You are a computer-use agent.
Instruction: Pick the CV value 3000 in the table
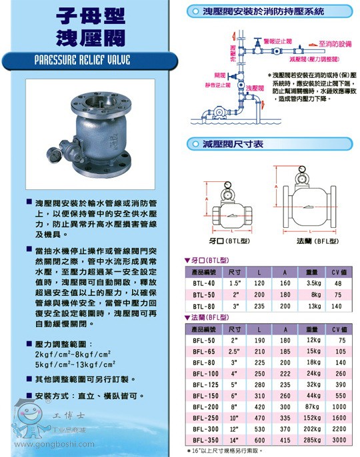[x=341, y=440]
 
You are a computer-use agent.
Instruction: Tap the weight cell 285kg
[x=312, y=440]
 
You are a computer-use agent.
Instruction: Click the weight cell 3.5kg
[x=313, y=282]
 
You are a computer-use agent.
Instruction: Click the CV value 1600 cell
[x=341, y=416]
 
